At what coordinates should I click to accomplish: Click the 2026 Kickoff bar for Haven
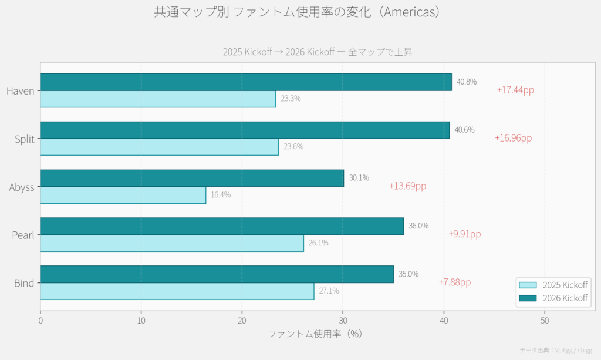pyautogui.click(x=246, y=82)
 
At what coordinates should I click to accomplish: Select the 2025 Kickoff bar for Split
pyautogui.click(x=159, y=147)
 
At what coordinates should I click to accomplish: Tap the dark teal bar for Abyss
pyautogui.click(x=192, y=178)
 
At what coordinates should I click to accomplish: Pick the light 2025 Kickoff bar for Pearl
pyautogui.click(x=172, y=243)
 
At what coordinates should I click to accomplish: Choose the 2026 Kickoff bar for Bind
pyautogui.click(x=217, y=274)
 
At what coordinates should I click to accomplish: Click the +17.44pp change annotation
pyautogui.click(x=515, y=90)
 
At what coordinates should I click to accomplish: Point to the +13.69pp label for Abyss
pyautogui.click(x=407, y=186)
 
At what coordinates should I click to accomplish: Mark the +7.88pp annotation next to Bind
pyautogui.click(x=454, y=282)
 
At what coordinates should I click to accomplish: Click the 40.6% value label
pyautogui.click(x=464, y=130)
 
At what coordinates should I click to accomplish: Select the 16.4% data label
pyautogui.click(x=221, y=195)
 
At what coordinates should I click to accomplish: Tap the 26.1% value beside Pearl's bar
pyautogui.click(x=318, y=243)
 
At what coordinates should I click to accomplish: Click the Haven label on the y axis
pyautogui.click(x=20, y=91)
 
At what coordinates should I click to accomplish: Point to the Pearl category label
pyautogui.click(x=23, y=235)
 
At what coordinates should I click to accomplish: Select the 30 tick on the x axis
pyautogui.click(x=343, y=321)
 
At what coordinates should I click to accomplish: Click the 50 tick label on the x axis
pyautogui.click(x=545, y=321)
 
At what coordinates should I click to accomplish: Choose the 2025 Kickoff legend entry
pyautogui.click(x=554, y=285)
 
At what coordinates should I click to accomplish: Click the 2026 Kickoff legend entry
pyautogui.click(x=554, y=298)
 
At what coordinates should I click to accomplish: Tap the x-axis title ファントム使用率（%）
pyautogui.click(x=315, y=334)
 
